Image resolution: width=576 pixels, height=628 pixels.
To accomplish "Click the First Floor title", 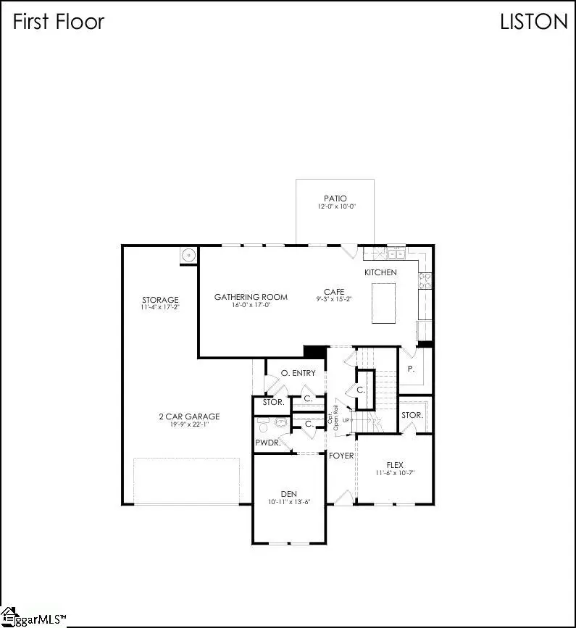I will tap(59, 22).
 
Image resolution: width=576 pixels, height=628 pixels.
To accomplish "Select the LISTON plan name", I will tap(534, 22).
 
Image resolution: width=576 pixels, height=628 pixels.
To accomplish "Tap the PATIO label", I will tap(335, 198).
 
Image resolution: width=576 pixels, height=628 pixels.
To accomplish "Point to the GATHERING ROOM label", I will tap(251, 297).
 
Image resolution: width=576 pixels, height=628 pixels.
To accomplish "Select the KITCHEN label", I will tap(380, 272).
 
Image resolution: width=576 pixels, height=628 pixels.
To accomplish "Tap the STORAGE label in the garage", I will tap(160, 300).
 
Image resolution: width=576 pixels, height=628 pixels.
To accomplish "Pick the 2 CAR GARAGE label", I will tap(189, 416).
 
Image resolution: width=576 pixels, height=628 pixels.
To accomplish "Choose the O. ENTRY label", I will tap(298, 373).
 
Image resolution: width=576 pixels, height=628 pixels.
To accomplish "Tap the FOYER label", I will tap(341, 456).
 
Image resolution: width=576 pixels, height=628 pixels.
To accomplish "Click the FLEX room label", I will tap(394, 465).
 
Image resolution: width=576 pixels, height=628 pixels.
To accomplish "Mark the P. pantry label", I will tap(411, 369).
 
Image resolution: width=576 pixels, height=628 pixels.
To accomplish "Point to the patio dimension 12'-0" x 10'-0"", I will tap(335, 207).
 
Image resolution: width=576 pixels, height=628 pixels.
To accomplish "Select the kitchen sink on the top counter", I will tap(396, 254).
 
